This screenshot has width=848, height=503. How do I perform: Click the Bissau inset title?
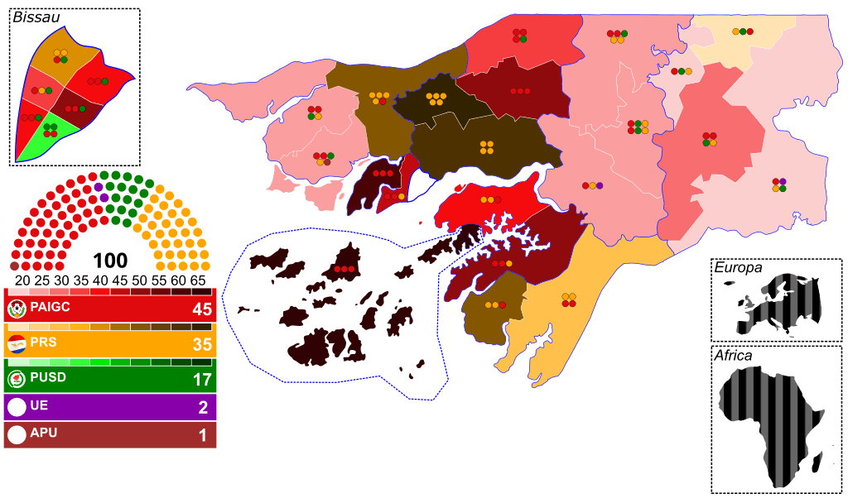click(x=36, y=17)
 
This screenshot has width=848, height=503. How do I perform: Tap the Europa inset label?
click(x=738, y=268)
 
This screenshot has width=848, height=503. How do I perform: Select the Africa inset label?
click(x=733, y=356)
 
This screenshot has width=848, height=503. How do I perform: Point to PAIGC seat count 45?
click(x=202, y=310)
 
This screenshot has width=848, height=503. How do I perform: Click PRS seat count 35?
click(x=202, y=346)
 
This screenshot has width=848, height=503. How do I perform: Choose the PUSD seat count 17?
click(x=202, y=381)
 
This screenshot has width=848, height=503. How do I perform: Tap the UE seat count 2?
click(x=203, y=407)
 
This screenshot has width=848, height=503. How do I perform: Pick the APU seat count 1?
click(x=203, y=435)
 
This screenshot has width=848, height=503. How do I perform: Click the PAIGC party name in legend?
click(x=51, y=308)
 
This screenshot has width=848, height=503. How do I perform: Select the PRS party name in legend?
click(x=42, y=343)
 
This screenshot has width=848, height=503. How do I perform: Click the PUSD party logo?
click(x=17, y=379)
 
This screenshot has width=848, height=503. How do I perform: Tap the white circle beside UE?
click(x=17, y=407)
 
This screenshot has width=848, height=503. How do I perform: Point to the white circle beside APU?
click(x=17, y=434)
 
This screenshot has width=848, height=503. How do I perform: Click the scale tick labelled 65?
click(x=199, y=280)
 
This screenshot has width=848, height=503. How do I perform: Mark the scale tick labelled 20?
click(x=22, y=280)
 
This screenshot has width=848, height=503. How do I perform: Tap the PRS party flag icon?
click(x=17, y=343)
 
